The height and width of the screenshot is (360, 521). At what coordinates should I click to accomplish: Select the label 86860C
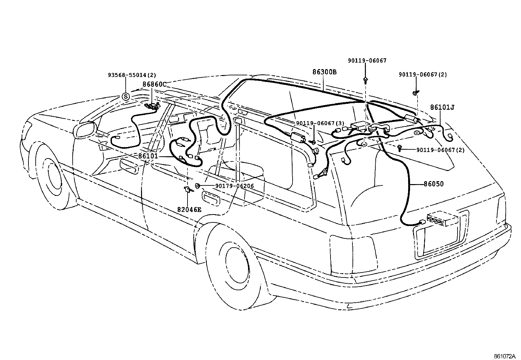pos(154,84)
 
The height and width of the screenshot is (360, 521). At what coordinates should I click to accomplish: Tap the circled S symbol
pos(126,97)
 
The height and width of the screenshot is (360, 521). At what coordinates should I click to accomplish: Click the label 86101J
pos(442,107)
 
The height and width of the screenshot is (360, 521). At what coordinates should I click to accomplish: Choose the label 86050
pos(434,184)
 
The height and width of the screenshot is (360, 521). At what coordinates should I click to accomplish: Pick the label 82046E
pos(189,209)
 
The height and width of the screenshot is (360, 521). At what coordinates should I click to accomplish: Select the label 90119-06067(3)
pos(320,123)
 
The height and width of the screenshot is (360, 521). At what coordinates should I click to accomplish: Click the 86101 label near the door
pos(148,157)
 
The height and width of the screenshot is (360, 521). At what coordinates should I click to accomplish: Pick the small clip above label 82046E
pos(188,189)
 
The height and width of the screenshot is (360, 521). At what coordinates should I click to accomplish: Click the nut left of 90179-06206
pos(198,186)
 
